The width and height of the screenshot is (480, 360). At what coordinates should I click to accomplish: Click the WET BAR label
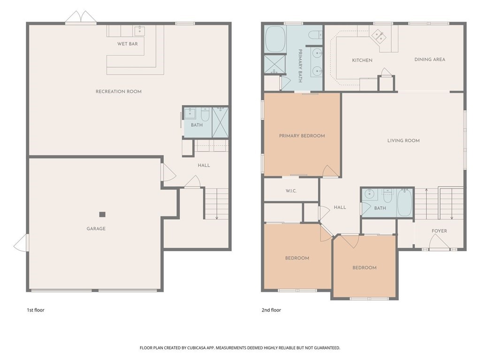point(127,44)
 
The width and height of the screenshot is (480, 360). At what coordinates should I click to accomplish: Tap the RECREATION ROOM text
point(118,91)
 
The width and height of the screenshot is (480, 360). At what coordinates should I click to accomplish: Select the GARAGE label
point(96,229)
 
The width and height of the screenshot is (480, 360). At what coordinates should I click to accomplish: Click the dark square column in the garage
point(102,214)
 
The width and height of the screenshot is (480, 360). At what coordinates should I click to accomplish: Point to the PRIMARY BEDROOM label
point(302,136)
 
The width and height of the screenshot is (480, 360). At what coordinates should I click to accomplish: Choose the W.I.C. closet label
point(291,191)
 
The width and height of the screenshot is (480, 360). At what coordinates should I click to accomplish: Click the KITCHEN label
point(362,60)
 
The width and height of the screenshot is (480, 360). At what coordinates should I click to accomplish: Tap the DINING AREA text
point(430,60)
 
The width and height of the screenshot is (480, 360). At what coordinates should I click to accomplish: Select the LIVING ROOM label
point(404,140)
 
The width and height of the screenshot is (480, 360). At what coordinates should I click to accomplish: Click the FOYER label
point(439,231)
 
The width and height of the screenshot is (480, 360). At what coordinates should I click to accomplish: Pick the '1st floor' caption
point(36,310)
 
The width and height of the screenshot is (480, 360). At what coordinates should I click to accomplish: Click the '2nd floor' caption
point(271,310)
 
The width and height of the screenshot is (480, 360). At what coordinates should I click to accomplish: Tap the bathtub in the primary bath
point(275,39)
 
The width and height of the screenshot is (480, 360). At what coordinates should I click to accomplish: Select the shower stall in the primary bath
point(275,64)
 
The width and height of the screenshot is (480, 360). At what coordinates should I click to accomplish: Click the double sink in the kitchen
point(380,36)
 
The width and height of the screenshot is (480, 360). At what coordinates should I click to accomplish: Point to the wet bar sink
point(140,31)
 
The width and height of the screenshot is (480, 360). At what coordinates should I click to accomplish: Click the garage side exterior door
point(21,243)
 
